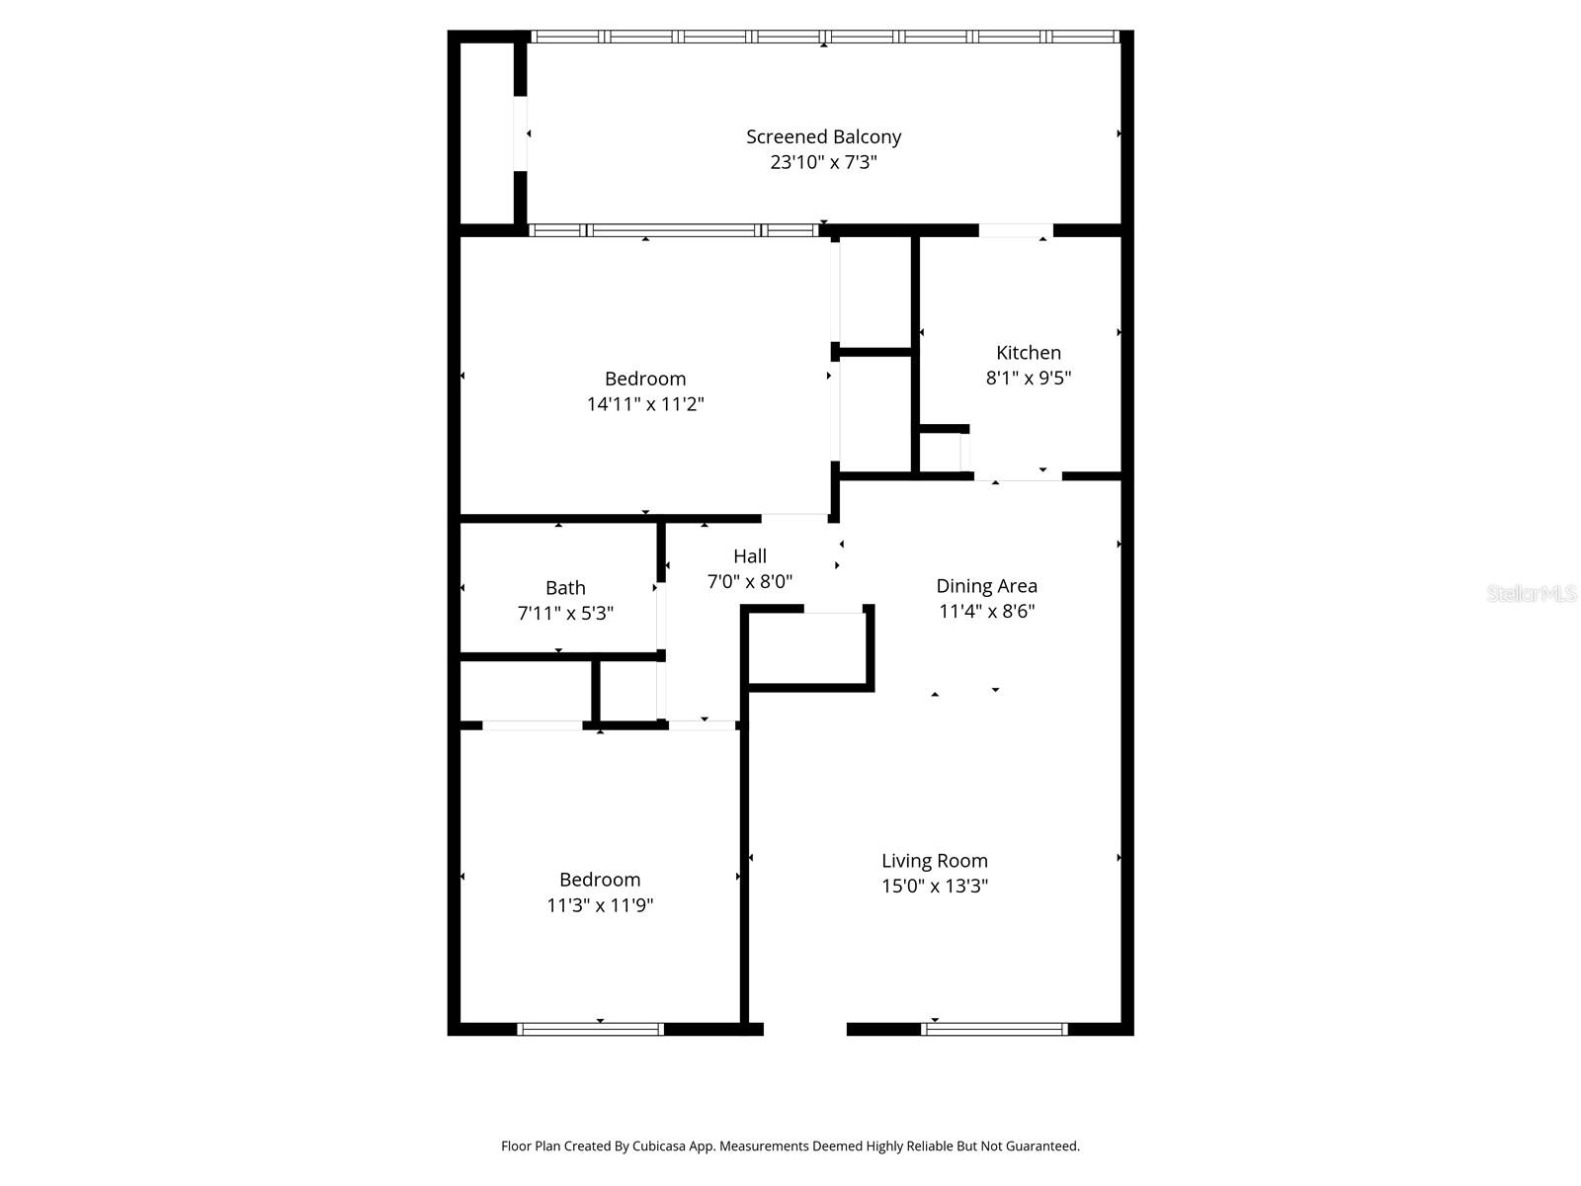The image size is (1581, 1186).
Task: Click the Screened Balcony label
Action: click(823, 136)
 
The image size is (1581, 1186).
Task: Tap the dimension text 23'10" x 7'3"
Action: click(823, 162)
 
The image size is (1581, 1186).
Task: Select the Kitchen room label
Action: click(1028, 352)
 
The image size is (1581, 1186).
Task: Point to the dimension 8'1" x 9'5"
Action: click(1028, 378)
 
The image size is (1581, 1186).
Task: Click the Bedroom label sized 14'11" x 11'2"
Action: click(644, 379)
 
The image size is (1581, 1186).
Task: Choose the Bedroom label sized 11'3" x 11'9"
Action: click(599, 880)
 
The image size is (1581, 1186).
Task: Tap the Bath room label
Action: click(565, 588)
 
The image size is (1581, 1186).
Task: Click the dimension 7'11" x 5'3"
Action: click(565, 614)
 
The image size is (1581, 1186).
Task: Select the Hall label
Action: click(749, 556)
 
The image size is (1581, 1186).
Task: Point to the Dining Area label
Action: click(986, 586)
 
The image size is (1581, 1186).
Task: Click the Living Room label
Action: click(934, 861)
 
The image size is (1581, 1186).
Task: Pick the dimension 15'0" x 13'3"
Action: click(934, 887)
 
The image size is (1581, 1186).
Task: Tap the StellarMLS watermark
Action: click(1531, 593)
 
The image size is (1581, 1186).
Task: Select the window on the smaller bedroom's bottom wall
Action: click(590, 1029)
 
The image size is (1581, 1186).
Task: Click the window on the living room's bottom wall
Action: click(994, 1029)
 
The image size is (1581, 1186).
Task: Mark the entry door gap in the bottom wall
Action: click(804, 1029)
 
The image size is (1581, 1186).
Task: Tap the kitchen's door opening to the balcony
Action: click(1015, 230)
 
